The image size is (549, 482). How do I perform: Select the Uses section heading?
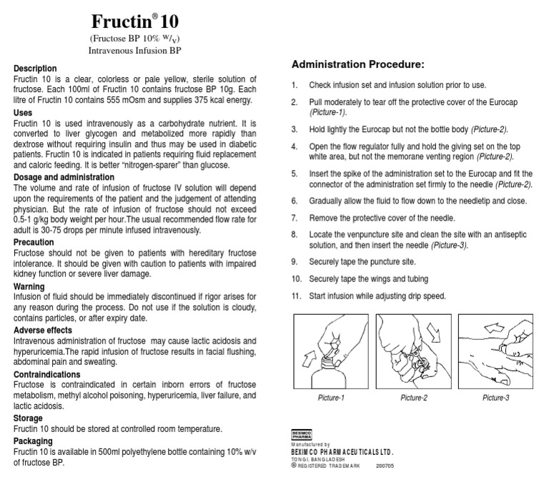coord(23,113)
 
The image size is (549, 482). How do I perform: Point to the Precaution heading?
coord(34,243)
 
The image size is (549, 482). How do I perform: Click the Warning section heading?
coord(29,286)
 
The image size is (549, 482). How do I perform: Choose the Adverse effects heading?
coord(43,331)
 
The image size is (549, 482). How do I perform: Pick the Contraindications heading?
coord(47,375)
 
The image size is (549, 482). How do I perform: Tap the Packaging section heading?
coord(34,441)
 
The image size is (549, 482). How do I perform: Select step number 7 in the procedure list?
coord(295,218)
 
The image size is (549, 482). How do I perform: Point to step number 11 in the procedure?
coord(295,296)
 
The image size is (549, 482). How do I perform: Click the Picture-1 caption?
coord(331,398)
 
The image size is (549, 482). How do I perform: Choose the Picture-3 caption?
coord(495,398)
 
